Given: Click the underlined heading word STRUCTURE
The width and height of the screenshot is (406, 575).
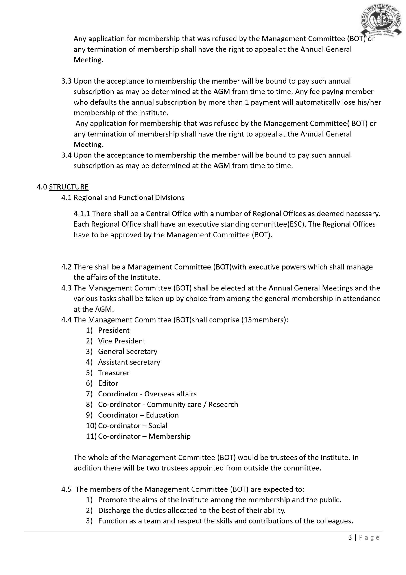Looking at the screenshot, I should pyautogui.click(x=69, y=187).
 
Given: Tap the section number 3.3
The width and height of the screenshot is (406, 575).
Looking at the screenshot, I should pyautogui.click(x=66, y=81).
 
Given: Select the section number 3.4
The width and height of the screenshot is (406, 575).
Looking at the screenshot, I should pyautogui.click(x=66, y=155).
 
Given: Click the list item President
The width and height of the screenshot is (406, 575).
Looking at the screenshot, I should pyautogui.click(x=114, y=330).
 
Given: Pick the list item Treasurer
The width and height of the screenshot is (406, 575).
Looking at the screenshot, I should pyautogui.click(x=114, y=373).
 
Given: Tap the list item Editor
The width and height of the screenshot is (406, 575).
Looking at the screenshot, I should pyautogui.click(x=108, y=383).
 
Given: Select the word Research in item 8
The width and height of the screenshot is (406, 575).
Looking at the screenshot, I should pyautogui.click(x=223, y=405).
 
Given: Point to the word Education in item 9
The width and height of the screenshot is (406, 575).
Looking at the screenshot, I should pyautogui.click(x=162, y=415).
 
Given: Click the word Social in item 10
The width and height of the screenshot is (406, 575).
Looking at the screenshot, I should pyautogui.click(x=158, y=425).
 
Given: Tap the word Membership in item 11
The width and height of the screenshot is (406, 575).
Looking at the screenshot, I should pyautogui.click(x=170, y=436).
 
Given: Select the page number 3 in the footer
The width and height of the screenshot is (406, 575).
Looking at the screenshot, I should pyautogui.click(x=350, y=537).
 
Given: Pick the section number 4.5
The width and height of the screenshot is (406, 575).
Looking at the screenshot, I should pyautogui.click(x=66, y=489).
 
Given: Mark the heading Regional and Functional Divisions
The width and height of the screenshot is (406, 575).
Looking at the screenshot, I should pyautogui.click(x=129, y=198).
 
